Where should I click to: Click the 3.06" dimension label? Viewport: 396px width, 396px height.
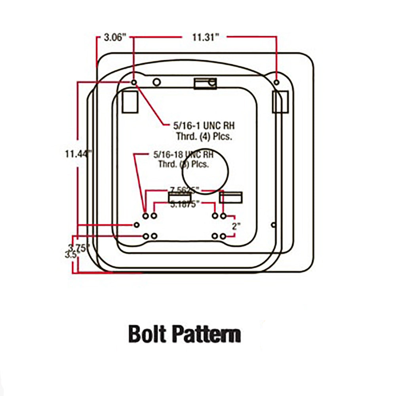(115, 38)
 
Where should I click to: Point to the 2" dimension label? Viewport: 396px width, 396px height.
(236, 227)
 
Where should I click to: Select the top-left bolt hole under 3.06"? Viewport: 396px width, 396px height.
(134, 82)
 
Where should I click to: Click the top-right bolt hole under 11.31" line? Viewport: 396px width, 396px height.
(277, 82)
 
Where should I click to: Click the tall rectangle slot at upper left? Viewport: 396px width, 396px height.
(130, 102)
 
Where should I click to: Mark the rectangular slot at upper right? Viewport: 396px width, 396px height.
(280, 102)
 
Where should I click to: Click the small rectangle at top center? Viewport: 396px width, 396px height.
(205, 83)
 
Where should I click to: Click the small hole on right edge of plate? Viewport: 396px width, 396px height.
(273, 225)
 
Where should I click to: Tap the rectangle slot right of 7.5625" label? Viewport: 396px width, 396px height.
(231, 198)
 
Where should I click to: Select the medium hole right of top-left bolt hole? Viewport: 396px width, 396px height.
(157, 82)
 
